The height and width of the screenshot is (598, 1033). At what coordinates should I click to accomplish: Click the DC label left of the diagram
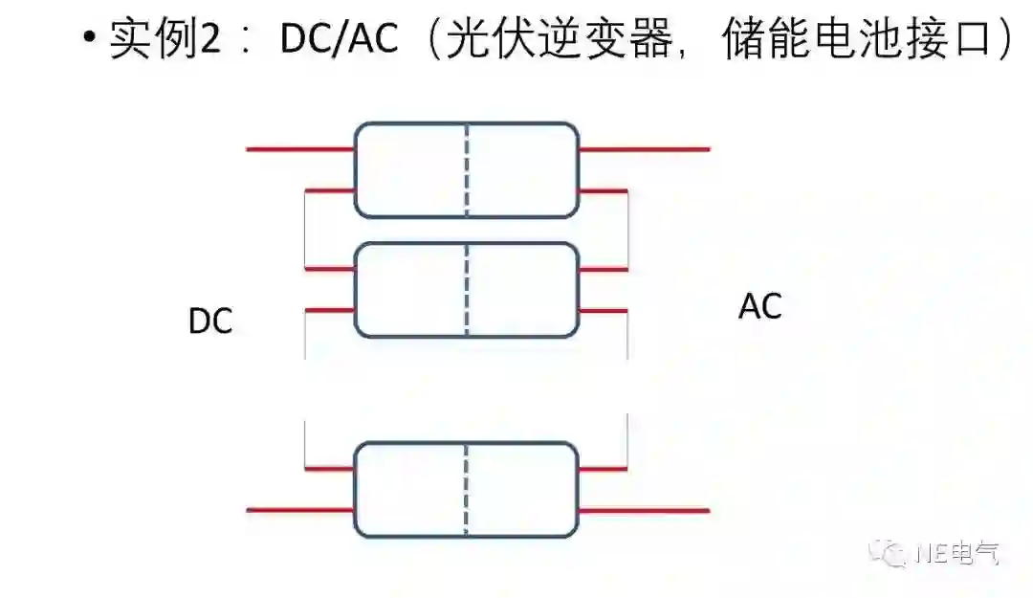pos(210,322)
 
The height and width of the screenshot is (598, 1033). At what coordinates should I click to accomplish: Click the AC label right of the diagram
pos(760,307)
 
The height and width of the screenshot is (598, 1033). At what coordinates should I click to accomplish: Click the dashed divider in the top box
pos(467,169)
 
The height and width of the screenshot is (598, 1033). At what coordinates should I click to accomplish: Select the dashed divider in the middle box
pos(467,290)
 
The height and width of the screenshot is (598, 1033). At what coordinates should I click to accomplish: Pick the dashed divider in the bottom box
pos(467,490)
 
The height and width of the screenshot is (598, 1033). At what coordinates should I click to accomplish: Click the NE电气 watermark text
pos(957,552)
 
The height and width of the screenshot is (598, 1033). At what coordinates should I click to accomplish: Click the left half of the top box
pos(410,169)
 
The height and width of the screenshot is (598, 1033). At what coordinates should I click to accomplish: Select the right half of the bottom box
pos(523,490)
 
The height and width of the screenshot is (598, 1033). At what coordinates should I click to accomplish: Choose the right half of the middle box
pos(523,290)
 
